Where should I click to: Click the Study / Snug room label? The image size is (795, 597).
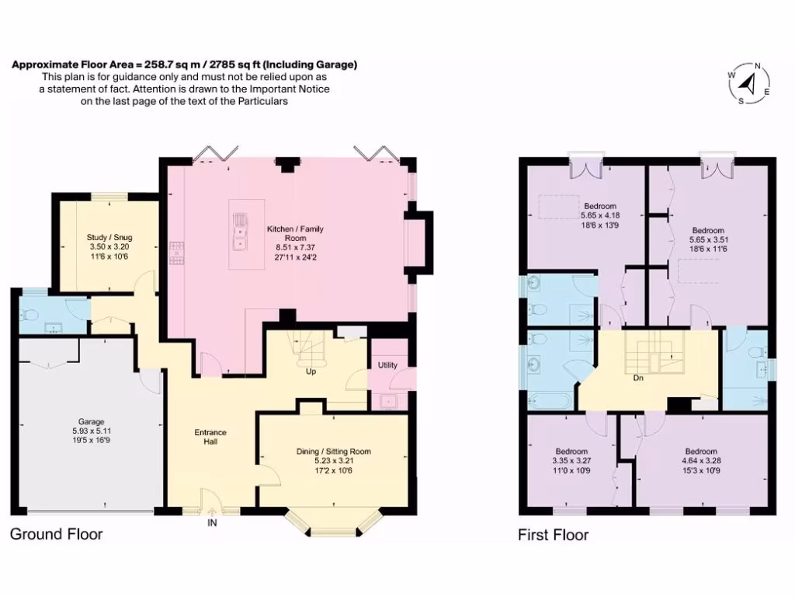109,237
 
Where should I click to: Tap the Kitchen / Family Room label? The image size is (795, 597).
295,233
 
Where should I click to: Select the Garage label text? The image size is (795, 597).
92,421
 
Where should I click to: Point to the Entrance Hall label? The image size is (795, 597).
210,437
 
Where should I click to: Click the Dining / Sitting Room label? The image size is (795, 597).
334,452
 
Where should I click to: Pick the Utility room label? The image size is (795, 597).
387,365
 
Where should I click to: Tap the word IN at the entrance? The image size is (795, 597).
212,522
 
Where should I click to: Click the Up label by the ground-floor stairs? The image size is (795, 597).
311,372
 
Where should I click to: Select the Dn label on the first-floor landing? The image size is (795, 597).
638,378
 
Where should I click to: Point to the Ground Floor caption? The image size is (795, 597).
56,534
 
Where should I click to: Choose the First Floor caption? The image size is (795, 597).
553,535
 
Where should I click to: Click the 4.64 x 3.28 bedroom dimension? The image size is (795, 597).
701,461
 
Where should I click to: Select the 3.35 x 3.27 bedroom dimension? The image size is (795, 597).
571,461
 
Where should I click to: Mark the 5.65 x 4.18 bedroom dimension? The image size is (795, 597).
600,215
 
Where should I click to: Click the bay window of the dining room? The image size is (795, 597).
334,522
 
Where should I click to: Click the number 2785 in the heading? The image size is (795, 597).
224,65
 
